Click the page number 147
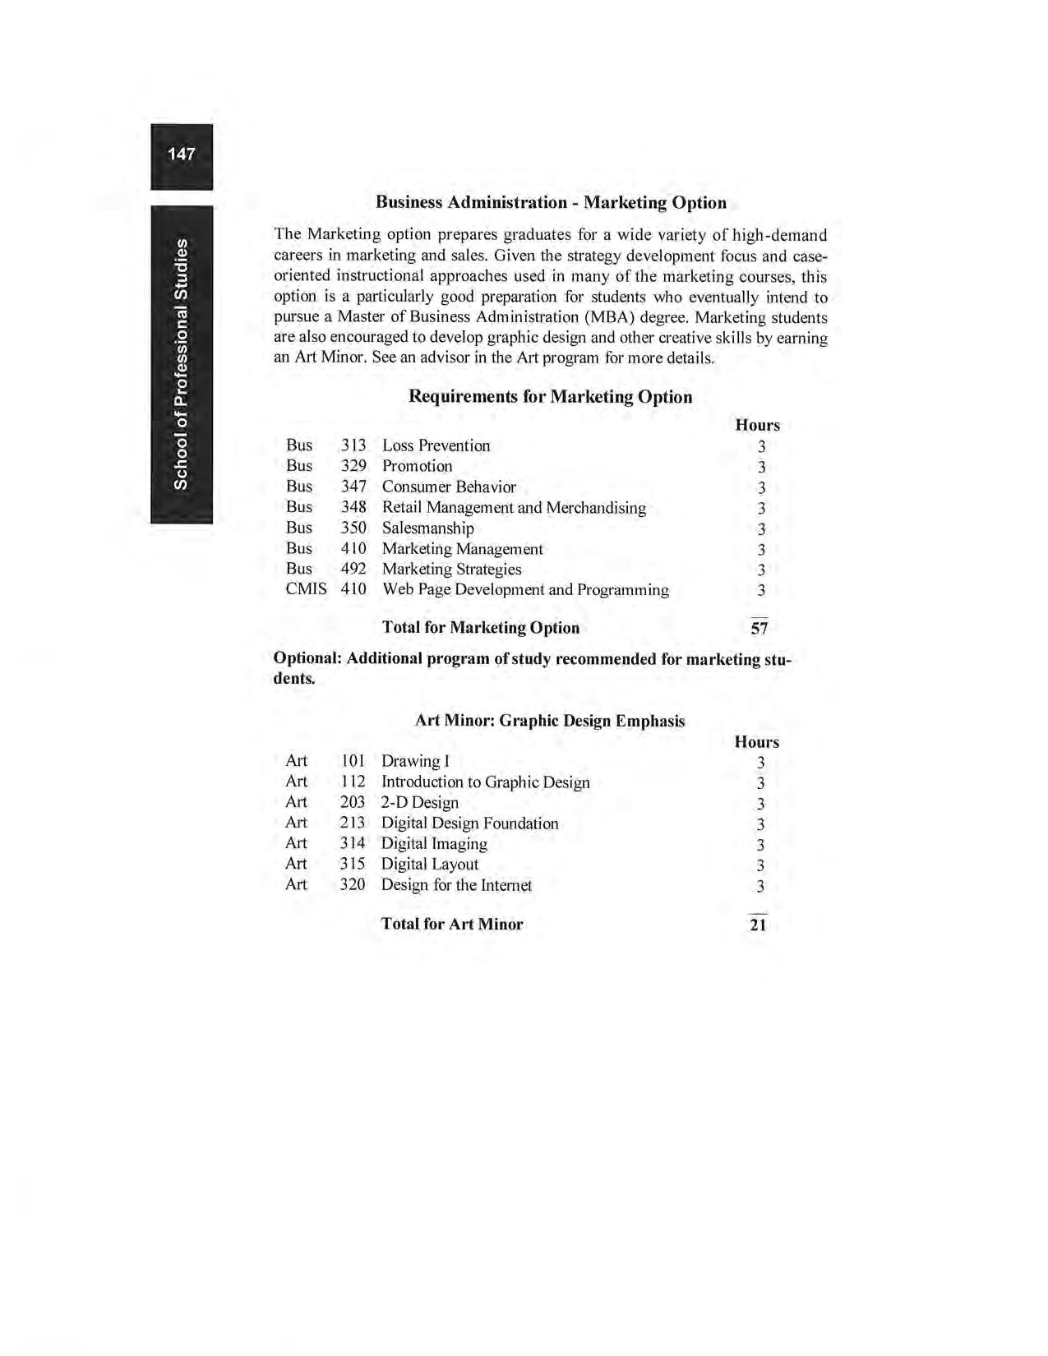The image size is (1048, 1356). coord(181,154)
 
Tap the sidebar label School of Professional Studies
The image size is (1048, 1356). coord(181,364)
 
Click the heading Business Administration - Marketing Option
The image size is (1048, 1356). coord(551,202)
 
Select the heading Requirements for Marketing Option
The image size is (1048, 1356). coord(550,397)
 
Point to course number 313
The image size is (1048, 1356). coord(353,445)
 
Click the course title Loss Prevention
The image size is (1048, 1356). coord(436,445)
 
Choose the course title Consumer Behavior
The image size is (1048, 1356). coord(449,487)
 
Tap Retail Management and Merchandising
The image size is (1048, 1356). coord(514,508)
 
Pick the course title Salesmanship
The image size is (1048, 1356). coord(427,528)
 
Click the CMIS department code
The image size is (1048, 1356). coord(306,589)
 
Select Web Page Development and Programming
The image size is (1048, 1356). coord(525,590)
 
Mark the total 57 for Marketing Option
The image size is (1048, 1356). coord(759,629)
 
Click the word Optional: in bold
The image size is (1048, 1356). coord(307,659)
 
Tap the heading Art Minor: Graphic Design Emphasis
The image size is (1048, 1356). coord(549,721)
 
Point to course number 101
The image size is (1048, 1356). coord(353,761)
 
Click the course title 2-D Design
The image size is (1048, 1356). coord(419,802)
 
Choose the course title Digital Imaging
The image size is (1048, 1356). coord(434,844)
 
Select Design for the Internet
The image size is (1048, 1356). coord(456,885)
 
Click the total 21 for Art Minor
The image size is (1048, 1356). coord(758,925)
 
